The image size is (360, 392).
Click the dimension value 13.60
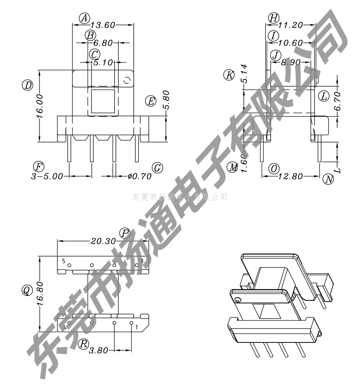click(103, 25)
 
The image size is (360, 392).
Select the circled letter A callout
click(84, 18)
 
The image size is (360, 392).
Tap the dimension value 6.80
click(103, 43)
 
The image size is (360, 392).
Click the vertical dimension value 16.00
click(39, 106)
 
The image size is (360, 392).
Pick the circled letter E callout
click(151, 101)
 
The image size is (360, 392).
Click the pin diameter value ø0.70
click(139, 176)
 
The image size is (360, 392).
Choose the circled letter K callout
click(229, 75)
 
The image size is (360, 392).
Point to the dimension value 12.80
click(291, 176)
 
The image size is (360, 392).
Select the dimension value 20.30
click(103, 241)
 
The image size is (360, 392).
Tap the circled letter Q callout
click(27, 290)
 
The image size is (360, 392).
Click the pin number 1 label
click(137, 327)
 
